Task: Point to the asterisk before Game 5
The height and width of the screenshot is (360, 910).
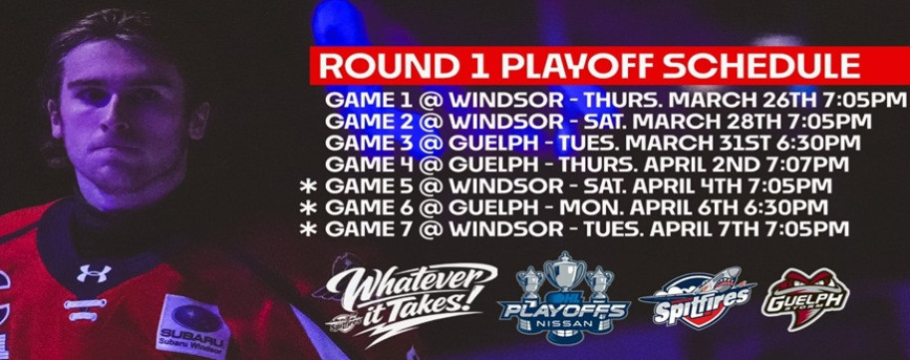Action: tap(308, 186)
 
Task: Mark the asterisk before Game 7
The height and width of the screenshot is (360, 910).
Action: tap(308, 228)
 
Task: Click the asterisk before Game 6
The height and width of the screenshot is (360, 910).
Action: tap(308, 207)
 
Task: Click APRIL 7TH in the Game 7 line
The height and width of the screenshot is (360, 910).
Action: tap(713, 228)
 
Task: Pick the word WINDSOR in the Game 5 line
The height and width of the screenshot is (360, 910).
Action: tap(506, 186)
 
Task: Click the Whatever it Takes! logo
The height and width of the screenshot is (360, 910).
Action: tap(409, 301)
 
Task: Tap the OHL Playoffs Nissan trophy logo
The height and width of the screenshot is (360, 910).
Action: tap(564, 298)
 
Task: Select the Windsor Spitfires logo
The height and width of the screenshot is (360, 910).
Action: tap(697, 298)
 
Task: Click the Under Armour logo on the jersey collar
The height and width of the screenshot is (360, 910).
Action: tap(93, 272)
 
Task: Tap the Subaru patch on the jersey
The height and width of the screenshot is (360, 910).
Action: tap(193, 326)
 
